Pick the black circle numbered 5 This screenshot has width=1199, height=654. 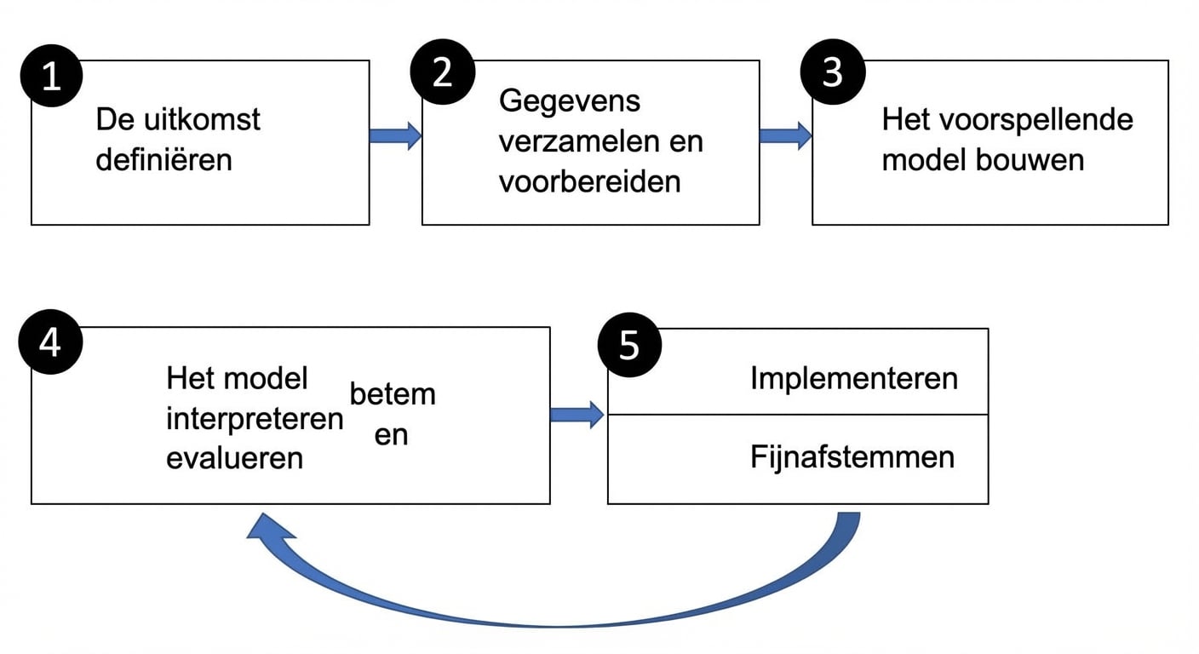629,347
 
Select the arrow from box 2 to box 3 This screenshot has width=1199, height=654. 785,135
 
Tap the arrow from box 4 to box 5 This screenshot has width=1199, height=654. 577,415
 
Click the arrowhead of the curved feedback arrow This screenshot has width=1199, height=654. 271,530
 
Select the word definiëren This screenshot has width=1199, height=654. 163,159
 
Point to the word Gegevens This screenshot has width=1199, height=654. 569,100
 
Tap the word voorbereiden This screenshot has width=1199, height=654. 589,181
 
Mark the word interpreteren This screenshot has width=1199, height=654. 255,418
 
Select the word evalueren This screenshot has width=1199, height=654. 234,457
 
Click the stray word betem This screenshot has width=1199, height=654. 393,394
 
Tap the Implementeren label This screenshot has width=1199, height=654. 853,378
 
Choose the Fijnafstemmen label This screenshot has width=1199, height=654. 852,457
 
